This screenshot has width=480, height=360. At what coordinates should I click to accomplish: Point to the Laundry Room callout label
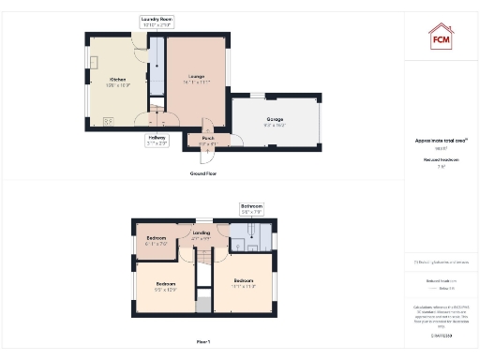point(157,21)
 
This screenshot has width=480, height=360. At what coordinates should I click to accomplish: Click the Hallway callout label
point(157,141)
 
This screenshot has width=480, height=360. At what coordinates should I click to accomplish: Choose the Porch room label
point(207,141)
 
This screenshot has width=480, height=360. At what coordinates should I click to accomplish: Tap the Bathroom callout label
point(251,208)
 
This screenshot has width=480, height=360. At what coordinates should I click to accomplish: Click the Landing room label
point(201,234)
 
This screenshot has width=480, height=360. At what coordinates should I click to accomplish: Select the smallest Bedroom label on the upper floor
point(157,240)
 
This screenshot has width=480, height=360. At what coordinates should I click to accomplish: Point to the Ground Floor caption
point(203,174)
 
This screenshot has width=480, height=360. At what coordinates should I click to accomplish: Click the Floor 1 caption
point(202,342)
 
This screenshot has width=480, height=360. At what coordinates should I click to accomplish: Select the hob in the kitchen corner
point(110,120)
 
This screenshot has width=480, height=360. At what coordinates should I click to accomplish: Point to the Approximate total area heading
point(441,142)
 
